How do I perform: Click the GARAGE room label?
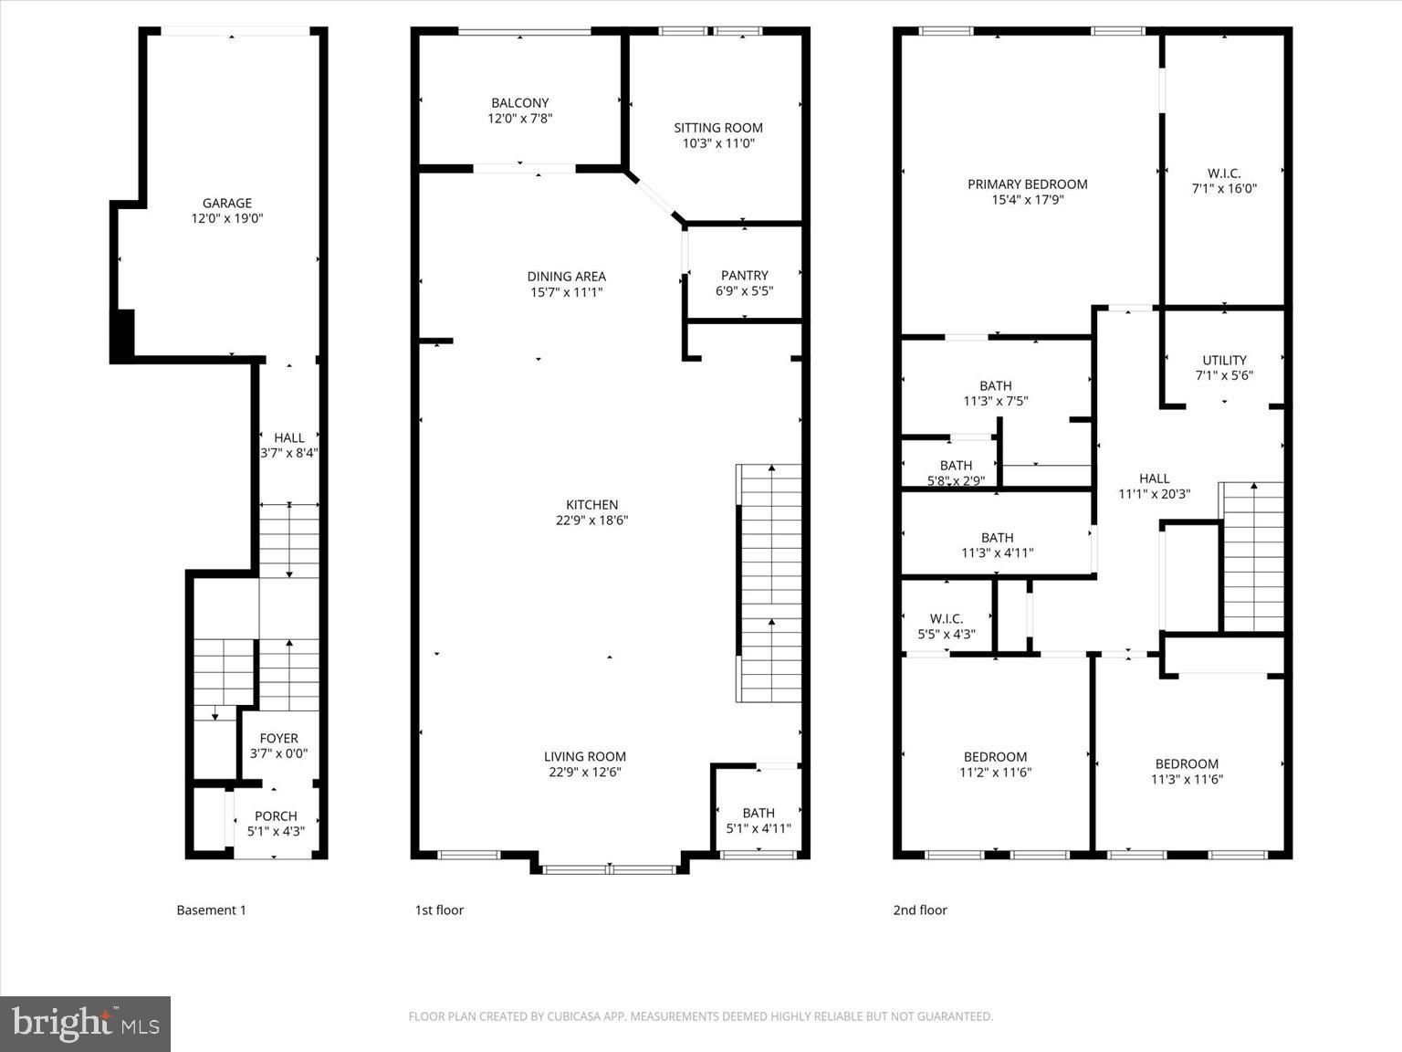point(226,204)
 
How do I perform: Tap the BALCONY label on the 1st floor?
point(519,103)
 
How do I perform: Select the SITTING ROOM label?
point(717,128)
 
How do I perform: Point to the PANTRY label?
point(744,275)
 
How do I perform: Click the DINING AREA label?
point(566,277)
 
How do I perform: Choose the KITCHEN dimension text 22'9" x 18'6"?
point(591,521)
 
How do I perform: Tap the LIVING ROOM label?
point(584,756)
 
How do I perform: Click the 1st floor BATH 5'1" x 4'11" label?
point(758,821)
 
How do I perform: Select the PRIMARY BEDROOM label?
point(1027,184)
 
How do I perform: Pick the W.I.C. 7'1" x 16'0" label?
point(1223,181)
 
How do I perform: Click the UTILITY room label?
point(1223,360)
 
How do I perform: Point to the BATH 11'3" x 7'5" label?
point(995,393)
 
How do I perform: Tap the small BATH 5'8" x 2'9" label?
point(956,472)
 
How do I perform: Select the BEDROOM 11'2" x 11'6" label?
point(995,764)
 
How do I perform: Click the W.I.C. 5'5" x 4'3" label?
point(946,626)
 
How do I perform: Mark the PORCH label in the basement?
point(276,816)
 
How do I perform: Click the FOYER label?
point(278,739)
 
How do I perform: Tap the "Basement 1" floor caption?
point(211,910)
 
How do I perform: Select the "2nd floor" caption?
point(919,910)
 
